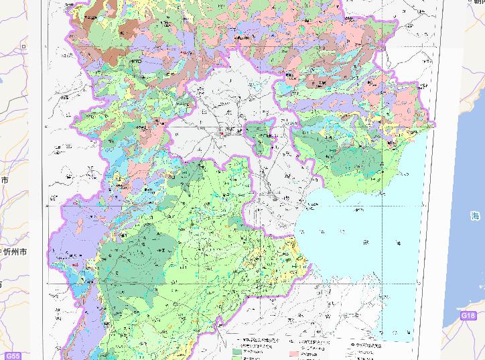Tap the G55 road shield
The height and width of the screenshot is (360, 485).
11,355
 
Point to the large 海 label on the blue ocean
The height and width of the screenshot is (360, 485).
475,216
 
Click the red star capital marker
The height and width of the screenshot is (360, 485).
222,133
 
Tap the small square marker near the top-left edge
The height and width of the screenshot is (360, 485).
24,47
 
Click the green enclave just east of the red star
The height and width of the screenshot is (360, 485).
260,137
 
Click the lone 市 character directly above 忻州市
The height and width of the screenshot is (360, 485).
5,180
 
